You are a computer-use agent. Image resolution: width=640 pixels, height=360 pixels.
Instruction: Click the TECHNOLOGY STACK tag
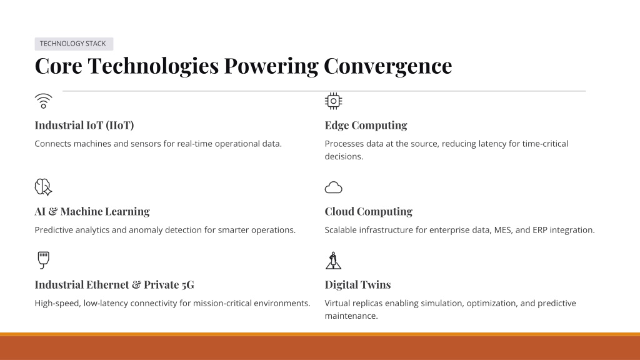coord(74,44)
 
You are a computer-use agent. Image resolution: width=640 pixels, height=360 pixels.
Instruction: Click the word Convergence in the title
coord(387,66)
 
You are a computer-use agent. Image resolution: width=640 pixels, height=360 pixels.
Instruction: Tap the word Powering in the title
coord(271,66)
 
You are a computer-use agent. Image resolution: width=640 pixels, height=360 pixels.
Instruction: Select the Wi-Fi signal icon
coord(44,101)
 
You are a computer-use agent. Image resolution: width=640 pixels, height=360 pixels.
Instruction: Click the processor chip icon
coord(334,101)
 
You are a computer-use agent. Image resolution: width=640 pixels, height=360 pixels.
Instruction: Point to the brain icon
coord(43,187)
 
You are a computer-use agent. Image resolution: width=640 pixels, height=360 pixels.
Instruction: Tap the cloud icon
coord(334,187)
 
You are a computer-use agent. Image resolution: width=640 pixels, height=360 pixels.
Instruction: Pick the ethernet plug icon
coord(43,260)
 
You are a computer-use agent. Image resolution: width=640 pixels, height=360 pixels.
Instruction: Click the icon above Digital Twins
coord(334,261)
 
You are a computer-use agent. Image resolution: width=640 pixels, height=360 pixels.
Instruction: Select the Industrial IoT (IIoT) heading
coord(84,125)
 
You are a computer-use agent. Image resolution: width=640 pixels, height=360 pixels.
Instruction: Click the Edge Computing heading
coord(366,125)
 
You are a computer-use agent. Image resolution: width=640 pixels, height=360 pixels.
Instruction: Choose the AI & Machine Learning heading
coord(92,211)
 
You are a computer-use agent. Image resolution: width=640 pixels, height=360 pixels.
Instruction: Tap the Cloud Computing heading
coord(369,211)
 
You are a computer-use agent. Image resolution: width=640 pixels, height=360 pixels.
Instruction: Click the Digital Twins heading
coord(357,284)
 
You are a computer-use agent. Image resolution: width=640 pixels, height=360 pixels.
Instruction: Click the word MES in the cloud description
coord(503,230)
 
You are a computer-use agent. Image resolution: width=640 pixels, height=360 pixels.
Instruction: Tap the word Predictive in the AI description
coord(52,230)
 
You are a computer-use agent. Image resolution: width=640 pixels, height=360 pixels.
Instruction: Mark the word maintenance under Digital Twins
coord(351,316)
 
